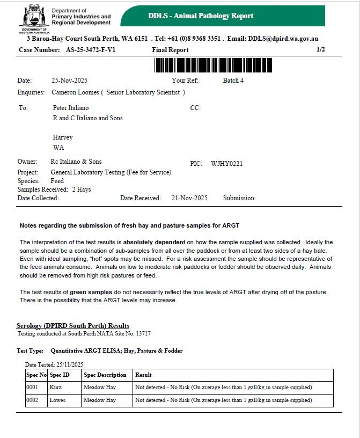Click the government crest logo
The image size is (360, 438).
pos(34,18)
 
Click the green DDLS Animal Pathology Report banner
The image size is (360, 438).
pos(222,16)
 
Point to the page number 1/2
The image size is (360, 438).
pos(321,49)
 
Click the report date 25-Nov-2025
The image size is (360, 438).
pos(70,81)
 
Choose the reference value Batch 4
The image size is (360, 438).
pos(233,81)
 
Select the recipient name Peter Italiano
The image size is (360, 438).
pos(71,108)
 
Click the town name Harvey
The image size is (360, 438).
pos(63,137)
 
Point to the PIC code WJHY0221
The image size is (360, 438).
pos(227,164)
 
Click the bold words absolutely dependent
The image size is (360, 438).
pos(155,242)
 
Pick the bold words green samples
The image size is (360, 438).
pos(90,292)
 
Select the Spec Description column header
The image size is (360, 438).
pos(105,375)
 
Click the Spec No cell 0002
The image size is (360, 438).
pos(33,400)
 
